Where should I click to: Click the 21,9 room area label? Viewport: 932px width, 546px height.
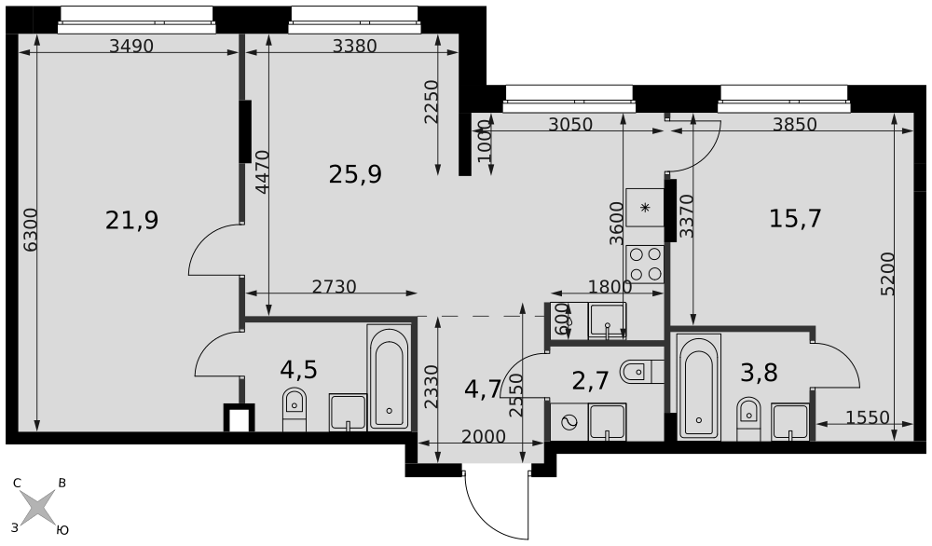coord(132,221)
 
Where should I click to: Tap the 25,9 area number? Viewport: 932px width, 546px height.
coord(355,174)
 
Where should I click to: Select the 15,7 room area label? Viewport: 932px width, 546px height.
coord(795,219)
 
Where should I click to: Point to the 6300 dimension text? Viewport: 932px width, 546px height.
coord(30,228)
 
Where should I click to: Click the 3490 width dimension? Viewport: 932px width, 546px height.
coord(131,46)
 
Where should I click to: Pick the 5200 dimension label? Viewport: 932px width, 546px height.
coord(887,274)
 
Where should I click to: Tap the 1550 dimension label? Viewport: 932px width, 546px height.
coord(867,417)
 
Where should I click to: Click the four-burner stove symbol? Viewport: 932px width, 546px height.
coord(645,264)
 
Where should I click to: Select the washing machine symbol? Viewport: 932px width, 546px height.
coord(569,422)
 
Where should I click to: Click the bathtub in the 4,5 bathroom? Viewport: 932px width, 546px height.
coord(389,377)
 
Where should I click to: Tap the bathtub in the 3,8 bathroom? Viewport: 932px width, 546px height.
coord(699,388)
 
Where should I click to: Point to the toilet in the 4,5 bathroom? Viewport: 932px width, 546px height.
coord(295,409)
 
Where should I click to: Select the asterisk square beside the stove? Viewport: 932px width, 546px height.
coord(645,208)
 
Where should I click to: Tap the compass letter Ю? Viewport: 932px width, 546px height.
coord(62,530)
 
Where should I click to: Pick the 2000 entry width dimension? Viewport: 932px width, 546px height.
coord(483,437)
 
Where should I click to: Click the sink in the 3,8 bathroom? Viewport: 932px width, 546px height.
coord(790,422)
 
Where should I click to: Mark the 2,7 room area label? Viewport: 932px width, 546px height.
coord(590,381)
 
